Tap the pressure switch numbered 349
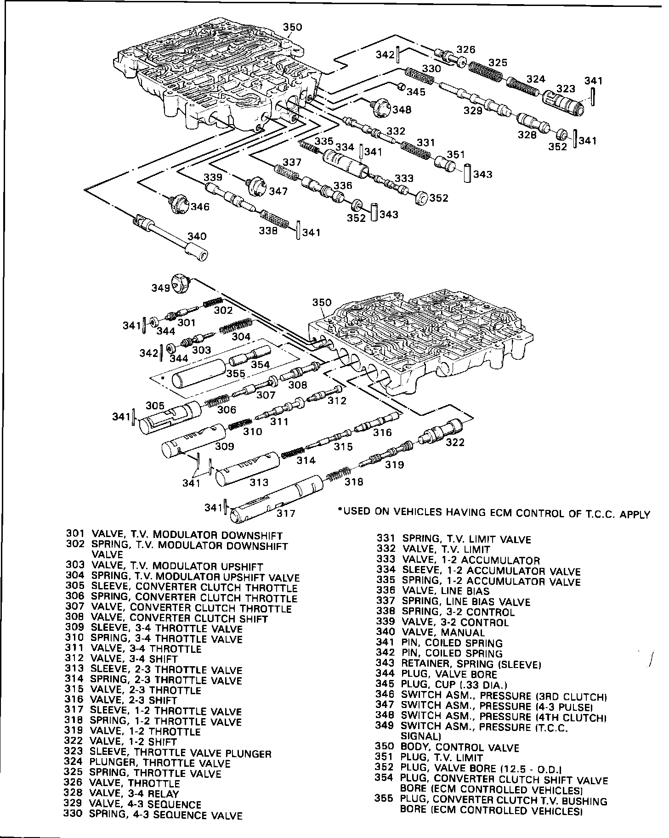click(181, 282)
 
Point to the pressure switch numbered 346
click(177, 204)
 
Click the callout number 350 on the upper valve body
click(292, 27)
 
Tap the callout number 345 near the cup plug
click(416, 92)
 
